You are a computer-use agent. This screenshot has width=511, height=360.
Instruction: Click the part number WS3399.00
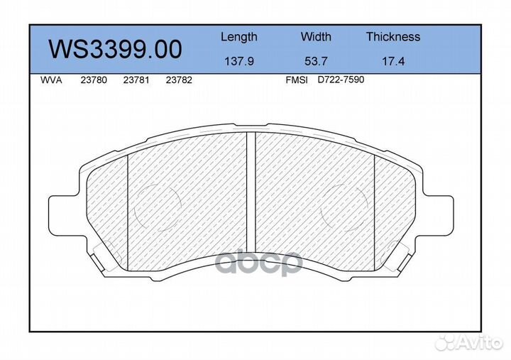115,48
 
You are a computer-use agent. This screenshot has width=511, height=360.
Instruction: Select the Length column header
238,37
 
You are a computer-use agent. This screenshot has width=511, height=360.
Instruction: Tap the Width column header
315,37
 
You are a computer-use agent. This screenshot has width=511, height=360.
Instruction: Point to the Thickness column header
392,37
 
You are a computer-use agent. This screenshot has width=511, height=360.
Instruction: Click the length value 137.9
238,61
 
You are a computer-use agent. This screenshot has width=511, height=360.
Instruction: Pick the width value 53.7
315,61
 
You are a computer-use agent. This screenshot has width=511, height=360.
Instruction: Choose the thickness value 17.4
392,61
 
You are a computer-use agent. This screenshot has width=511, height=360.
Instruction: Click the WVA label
52,80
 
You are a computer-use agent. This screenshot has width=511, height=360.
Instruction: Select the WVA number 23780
94,80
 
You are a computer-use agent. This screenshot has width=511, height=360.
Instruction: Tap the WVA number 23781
136,80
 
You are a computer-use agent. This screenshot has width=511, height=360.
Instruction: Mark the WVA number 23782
178,80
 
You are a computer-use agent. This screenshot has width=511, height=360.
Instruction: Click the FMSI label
296,80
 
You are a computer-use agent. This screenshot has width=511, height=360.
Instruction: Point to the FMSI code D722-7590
341,80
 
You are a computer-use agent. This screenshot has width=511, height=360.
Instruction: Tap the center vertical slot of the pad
251,192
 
